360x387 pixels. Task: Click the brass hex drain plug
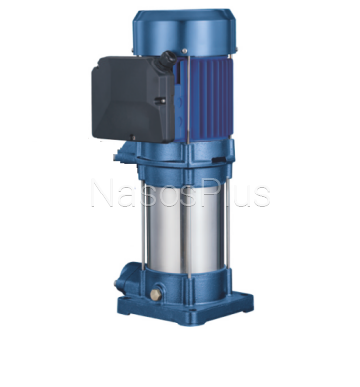pos(155,294)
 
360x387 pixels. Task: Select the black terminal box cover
pos(133,98)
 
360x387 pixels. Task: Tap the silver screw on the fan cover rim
pos(184,51)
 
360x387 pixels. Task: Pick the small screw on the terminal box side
pos(161,101)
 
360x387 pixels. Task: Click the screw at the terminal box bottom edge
pos(133,137)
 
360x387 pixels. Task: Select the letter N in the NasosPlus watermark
pos(104,193)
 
